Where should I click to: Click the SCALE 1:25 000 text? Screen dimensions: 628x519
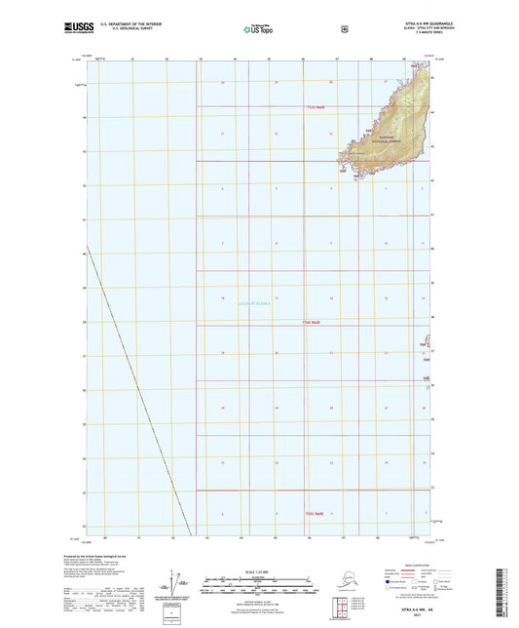point(258,570)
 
